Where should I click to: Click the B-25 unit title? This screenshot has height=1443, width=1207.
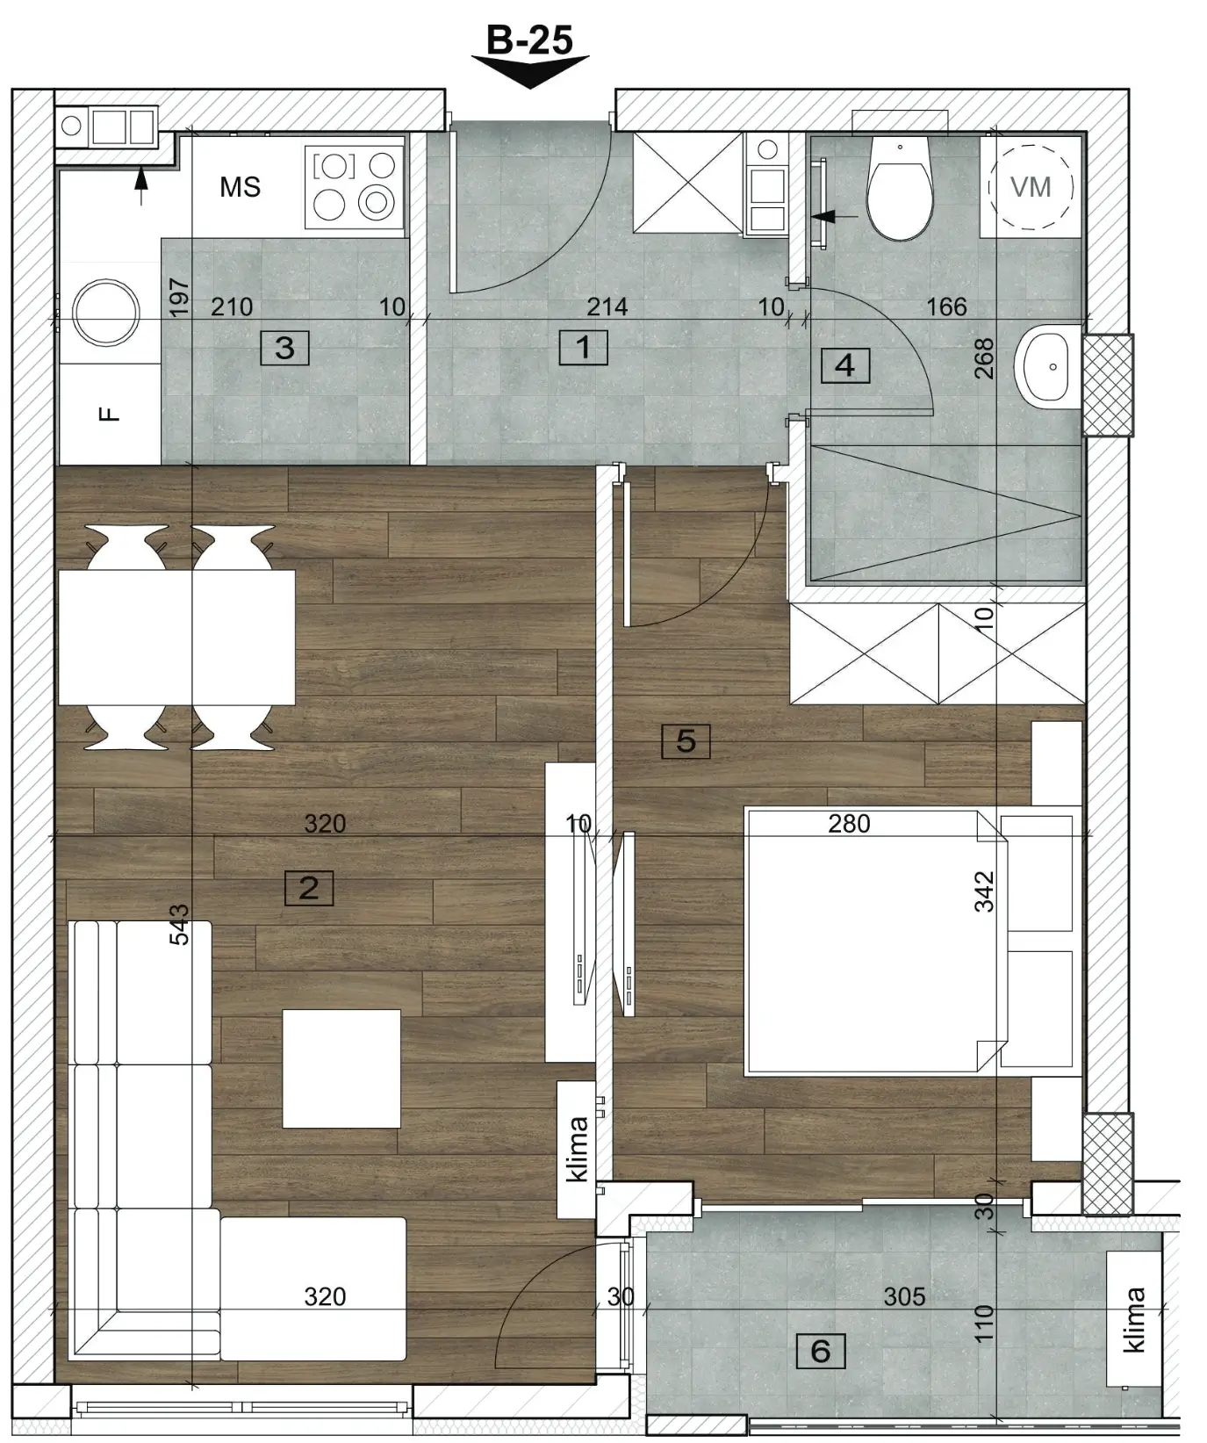[x=529, y=40]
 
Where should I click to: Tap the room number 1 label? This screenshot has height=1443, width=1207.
[x=583, y=348]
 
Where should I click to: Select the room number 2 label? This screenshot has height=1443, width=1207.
[x=309, y=888]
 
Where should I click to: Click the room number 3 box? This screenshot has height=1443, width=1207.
[x=284, y=348]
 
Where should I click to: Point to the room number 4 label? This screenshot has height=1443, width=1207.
[x=844, y=364]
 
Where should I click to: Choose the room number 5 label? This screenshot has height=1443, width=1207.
[x=686, y=741]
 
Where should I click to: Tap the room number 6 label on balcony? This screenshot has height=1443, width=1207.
[x=821, y=1351]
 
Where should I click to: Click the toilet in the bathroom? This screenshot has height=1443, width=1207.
[x=898, y=187]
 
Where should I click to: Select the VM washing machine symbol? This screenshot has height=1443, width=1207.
[x=1031, y=186]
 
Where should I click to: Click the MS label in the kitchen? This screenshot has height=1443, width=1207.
[x=241, y=187]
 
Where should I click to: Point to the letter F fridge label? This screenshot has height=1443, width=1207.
[x=109, y=414]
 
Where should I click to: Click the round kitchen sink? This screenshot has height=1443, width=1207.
[x=106, y=311]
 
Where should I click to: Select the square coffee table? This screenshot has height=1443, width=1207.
[x=341, y=1069]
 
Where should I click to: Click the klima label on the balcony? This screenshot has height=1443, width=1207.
[x=1134, y=1319]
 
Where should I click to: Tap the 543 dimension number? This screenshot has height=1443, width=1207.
[x=179, y=925]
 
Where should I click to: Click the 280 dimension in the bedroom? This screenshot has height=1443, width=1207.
[x=849, y=824]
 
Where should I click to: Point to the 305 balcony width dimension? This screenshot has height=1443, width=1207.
[x=904, y=1296]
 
